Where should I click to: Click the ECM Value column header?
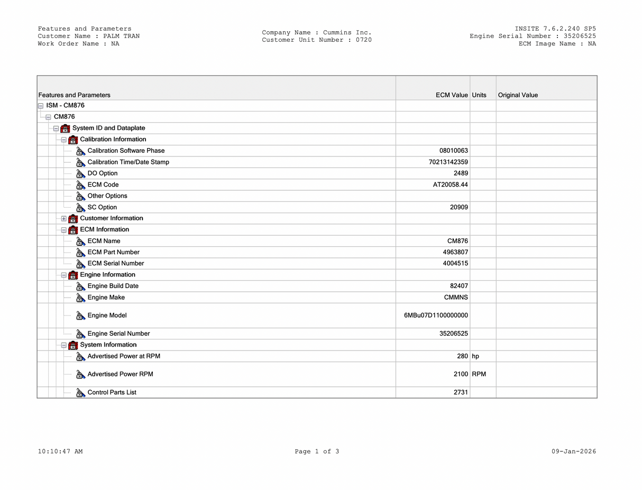click(452, 95)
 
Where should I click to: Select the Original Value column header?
click(518, 95)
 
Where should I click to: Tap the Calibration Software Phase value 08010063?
click(453, 151)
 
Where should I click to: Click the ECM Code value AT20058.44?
click(450, 184)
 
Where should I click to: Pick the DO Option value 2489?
click(460, 173)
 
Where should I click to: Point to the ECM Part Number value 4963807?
click(455, 252)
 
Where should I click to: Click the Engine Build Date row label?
click(113, 286)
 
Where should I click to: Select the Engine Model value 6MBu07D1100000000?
click(436, 316)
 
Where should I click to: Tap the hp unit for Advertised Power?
click(475, 356)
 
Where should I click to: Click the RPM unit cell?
click(479, 374)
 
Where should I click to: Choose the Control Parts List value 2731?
click(460, 392)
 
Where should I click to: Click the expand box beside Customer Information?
click(64, 218)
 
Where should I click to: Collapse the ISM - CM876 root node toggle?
click(41, 106)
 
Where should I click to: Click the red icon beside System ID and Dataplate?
click(66, 128)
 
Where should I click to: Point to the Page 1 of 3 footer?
click(317, 451)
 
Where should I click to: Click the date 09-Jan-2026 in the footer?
click(573, 451)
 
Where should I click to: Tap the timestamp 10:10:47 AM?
click(60, 451)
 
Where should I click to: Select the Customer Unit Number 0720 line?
click(317, 40)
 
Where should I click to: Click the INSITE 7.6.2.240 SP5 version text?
click(555, 29)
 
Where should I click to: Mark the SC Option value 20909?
click(458, 207)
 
